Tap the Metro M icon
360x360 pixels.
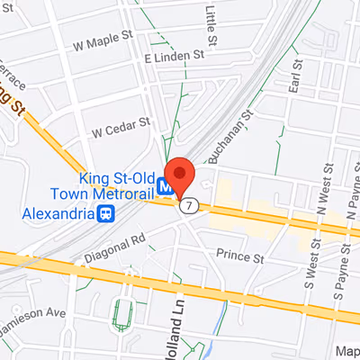tap(166, 187)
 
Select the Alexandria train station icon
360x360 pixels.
tap(106, 214)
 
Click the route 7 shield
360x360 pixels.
tap(187, 206)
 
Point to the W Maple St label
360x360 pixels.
tap(103, 43)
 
